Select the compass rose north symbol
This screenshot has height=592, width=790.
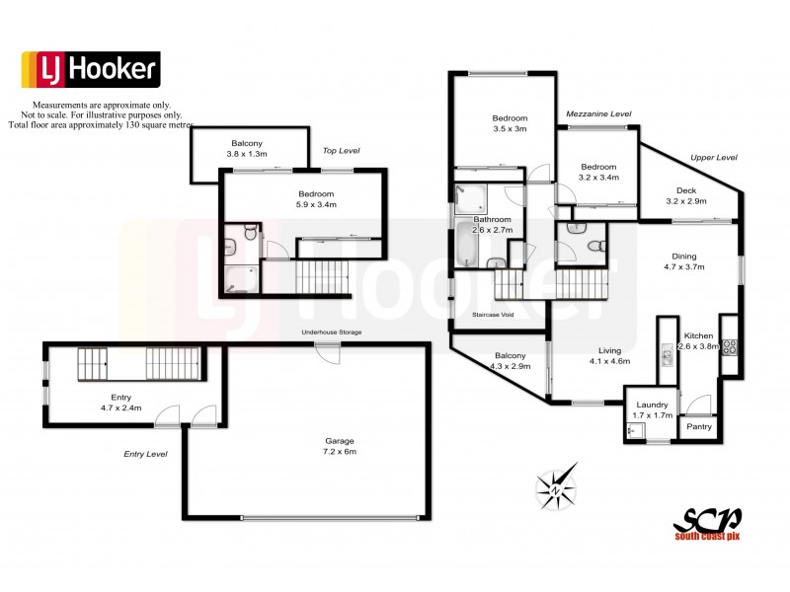coord(557,487)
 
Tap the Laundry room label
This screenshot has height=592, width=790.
coord(652,409)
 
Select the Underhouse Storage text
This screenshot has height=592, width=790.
coord(333,333)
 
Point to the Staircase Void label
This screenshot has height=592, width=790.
coord(494,314)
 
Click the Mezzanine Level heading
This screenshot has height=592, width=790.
coord(598,114)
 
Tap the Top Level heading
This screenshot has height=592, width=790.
coord(342,151)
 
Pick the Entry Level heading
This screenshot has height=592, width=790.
coord(145,454)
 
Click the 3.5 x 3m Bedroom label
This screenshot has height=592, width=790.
coord(511,123)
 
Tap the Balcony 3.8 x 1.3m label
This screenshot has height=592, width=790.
coord(247,148)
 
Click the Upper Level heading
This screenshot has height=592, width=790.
coord(714,158)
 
